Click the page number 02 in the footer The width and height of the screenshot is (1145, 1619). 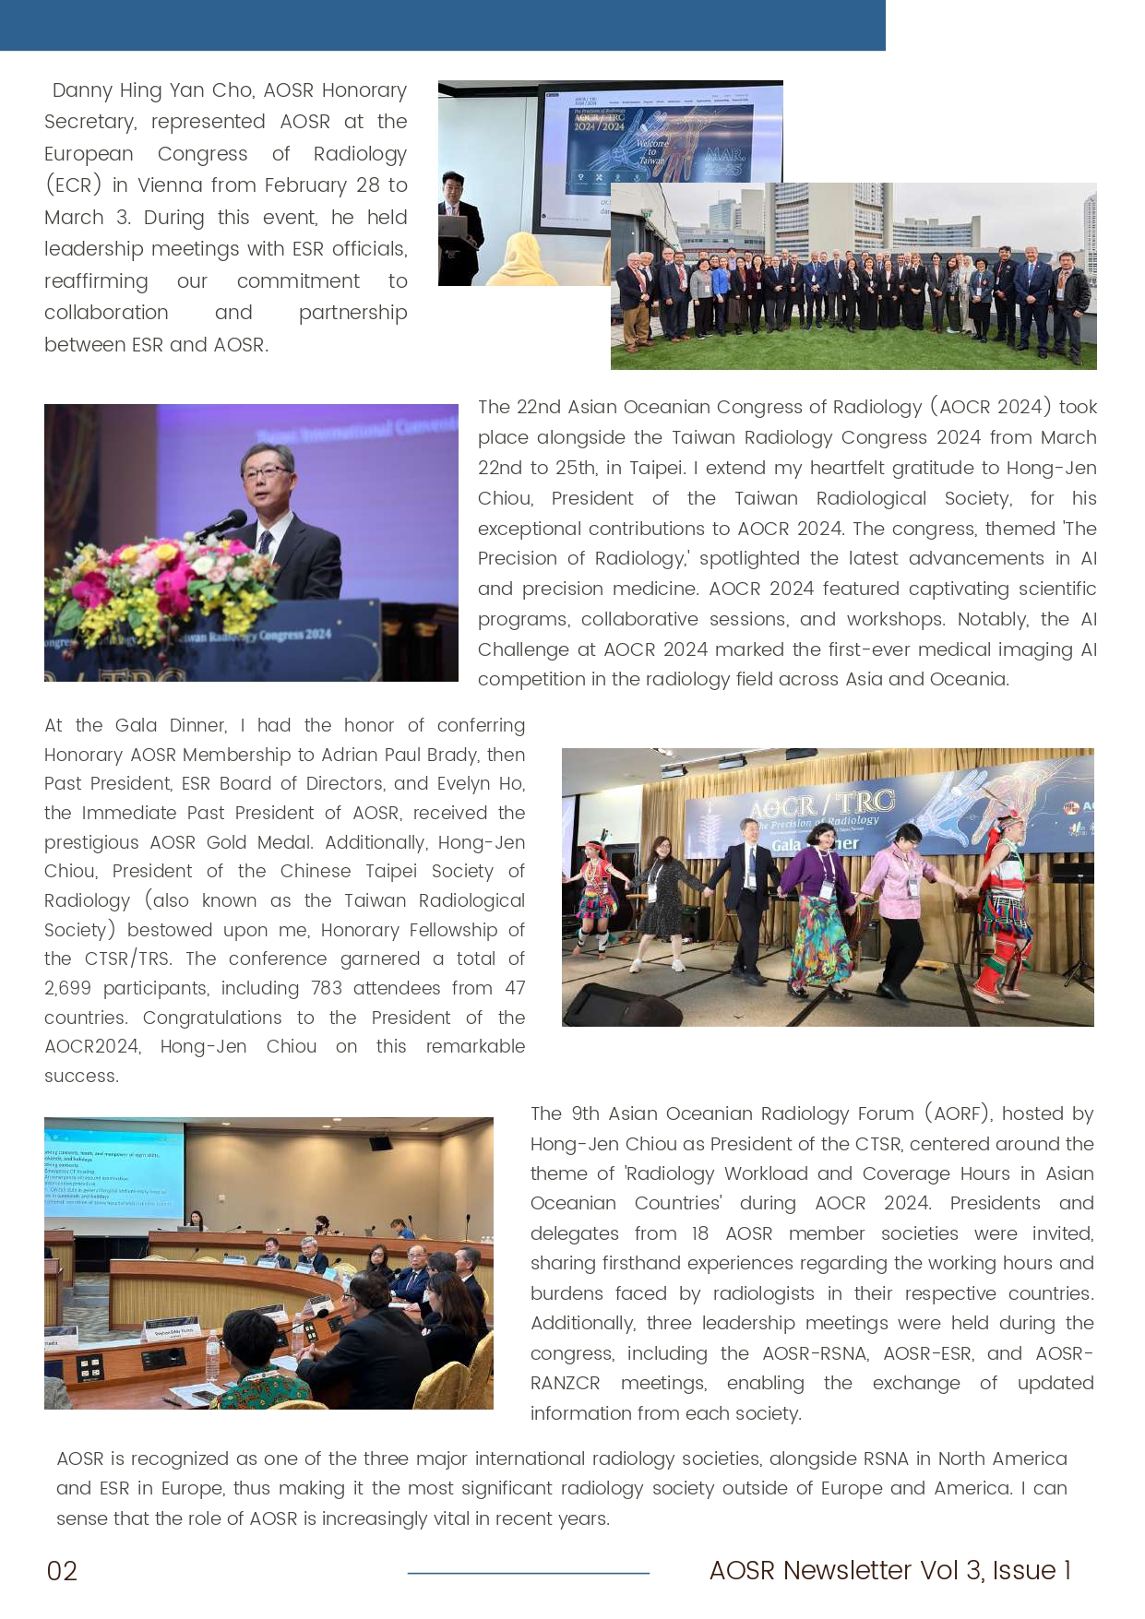click(x=62, y=1571)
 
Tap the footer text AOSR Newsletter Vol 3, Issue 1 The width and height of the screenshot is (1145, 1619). click(x=889, y=1570)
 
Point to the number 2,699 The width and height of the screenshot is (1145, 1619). click(x=67, y=988)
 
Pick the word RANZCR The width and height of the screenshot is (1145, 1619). click(x=565, y=1383)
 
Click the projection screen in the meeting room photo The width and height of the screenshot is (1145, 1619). click(x=113, y=1170)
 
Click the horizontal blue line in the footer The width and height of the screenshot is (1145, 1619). click(x=528, y=1573)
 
